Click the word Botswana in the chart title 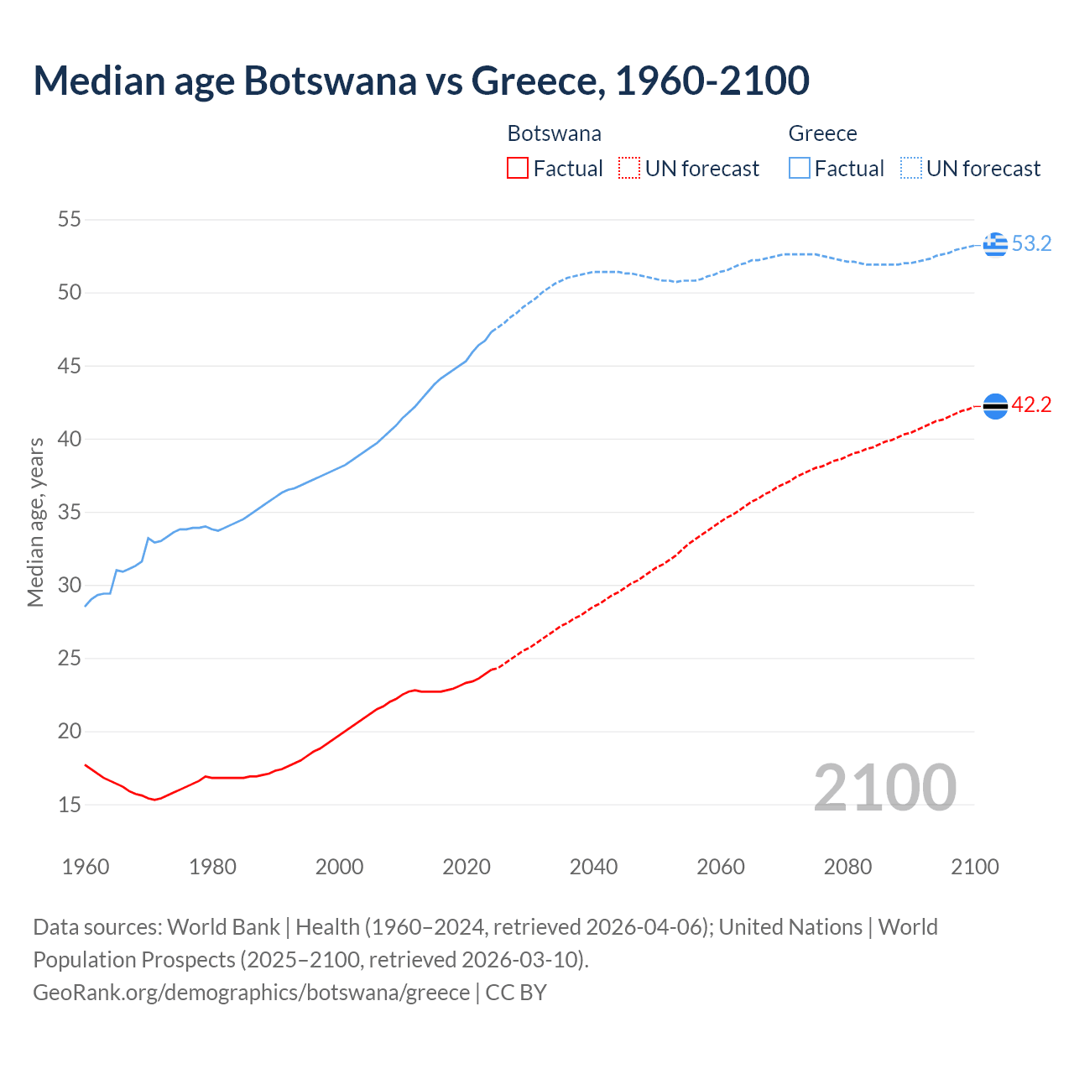[330, 81]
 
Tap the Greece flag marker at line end [995, 244]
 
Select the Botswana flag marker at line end [995, 405]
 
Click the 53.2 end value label [1031, 244]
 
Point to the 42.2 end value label [1031, 405]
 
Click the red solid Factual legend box [518, 169]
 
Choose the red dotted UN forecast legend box [629, 169]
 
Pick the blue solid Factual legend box [800, 169]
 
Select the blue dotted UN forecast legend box [911, 169]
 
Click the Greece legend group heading [822, 133]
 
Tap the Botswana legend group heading [554, 133]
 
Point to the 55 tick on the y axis [69, 220]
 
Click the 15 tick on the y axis [69, 805]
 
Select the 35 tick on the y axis [69, 512]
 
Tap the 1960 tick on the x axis [86, 867]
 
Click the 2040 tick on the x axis [593, 867]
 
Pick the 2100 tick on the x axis [974, 867]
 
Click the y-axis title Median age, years [35, 522]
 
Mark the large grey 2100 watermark [884, 787]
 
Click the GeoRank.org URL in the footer [251, 993]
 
